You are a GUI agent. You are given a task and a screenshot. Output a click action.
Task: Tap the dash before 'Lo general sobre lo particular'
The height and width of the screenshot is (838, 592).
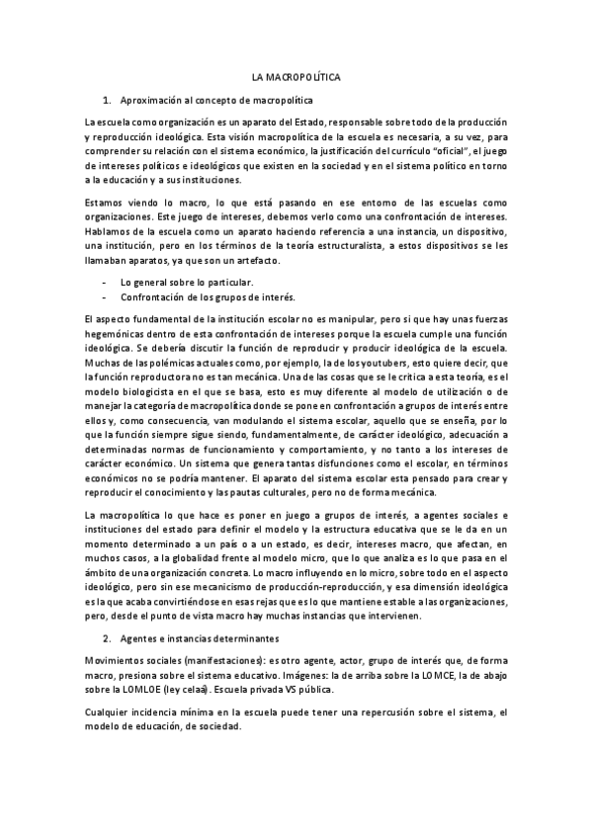[104, 282]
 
